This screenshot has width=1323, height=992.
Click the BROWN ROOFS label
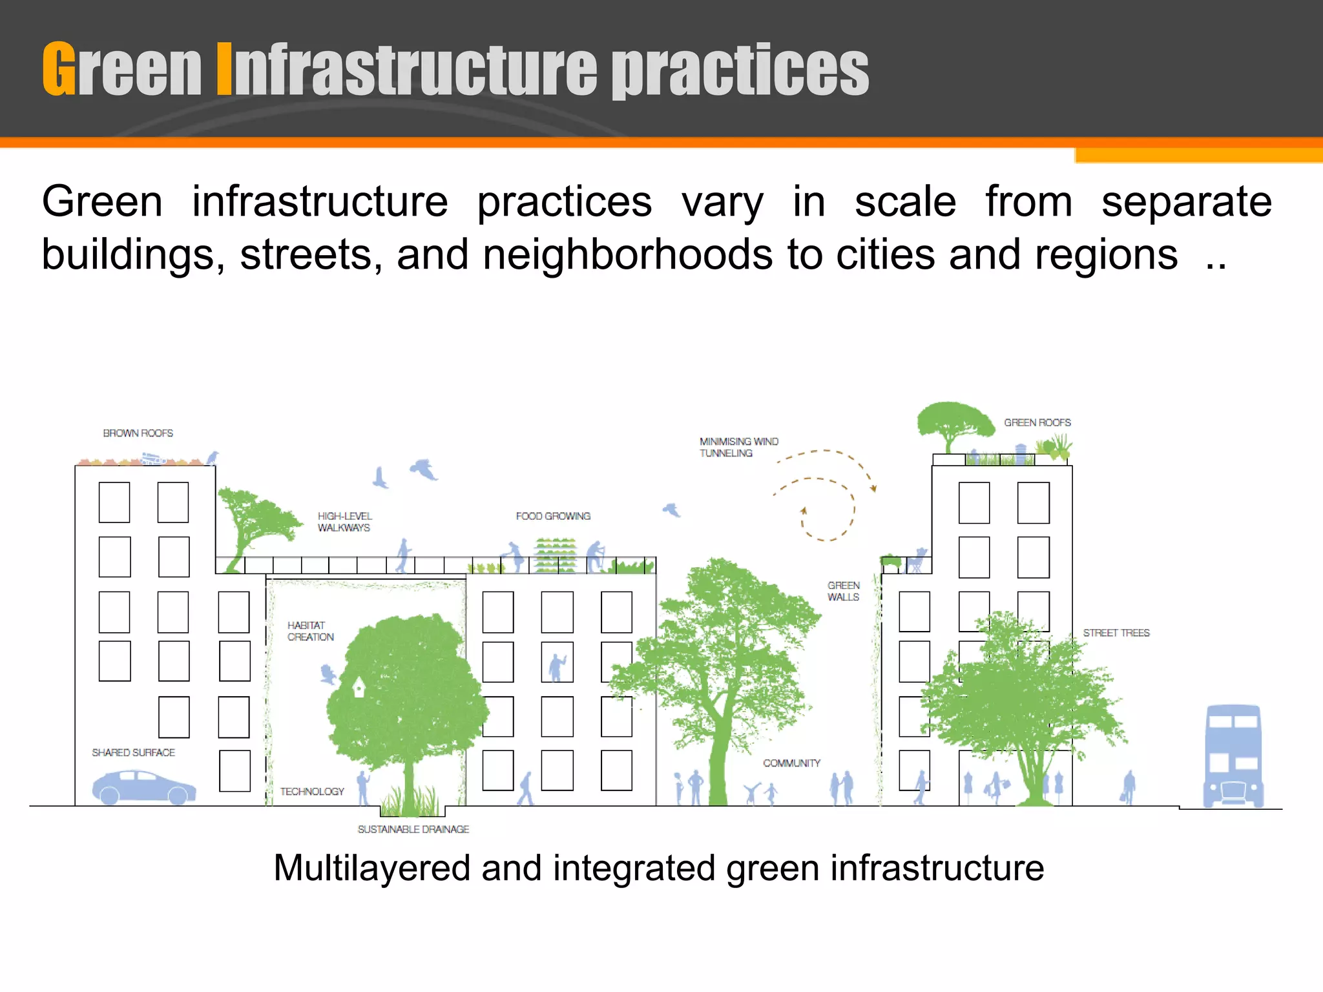point(138,433)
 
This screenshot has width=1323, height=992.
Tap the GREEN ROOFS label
point(1037,422)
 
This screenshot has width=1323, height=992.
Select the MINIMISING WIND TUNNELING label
point(738,447)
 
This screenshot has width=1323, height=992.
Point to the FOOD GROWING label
point(553,516)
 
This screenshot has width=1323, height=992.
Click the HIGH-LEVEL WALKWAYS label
point(344,522)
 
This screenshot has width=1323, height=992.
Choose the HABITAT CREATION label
point(310,631)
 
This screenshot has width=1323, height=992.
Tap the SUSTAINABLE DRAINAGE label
point(413,829)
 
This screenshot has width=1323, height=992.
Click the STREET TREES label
point(1116,633)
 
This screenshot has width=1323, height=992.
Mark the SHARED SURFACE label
point(133,752)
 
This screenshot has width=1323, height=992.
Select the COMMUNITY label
point(791,763)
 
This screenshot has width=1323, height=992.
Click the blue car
point(143,787)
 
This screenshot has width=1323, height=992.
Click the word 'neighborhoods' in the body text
point(627,254)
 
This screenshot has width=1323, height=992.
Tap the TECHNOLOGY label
point(312,792)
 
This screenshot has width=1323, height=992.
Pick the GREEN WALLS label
point(843,591)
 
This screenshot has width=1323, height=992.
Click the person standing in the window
point(556,666)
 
